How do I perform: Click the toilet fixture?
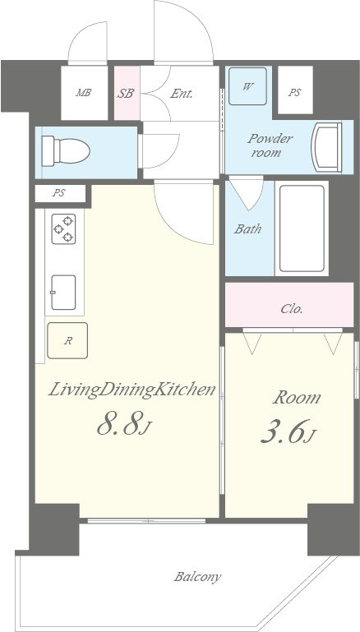click(66, 151)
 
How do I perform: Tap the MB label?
click(84, 93)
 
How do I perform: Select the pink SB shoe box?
click(127, 93)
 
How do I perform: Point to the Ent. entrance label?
click(181, 94)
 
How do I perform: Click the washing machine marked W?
click(247, 86)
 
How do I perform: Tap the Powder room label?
click(270, 145)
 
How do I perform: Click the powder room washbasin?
click(326, 147)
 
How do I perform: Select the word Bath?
click(247, 229)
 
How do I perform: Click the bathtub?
click(302, 228)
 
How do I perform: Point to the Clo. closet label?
click(292, 309)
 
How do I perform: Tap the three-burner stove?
click(63, 229)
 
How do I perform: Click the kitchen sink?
click(63, 293)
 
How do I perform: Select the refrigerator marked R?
click(67, 340)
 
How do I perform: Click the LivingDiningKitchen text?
click(132, 390)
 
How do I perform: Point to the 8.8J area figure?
click(124, 426)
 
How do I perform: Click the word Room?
click(297, 398)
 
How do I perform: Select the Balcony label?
click(197, 577)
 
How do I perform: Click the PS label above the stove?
click(59, 193)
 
